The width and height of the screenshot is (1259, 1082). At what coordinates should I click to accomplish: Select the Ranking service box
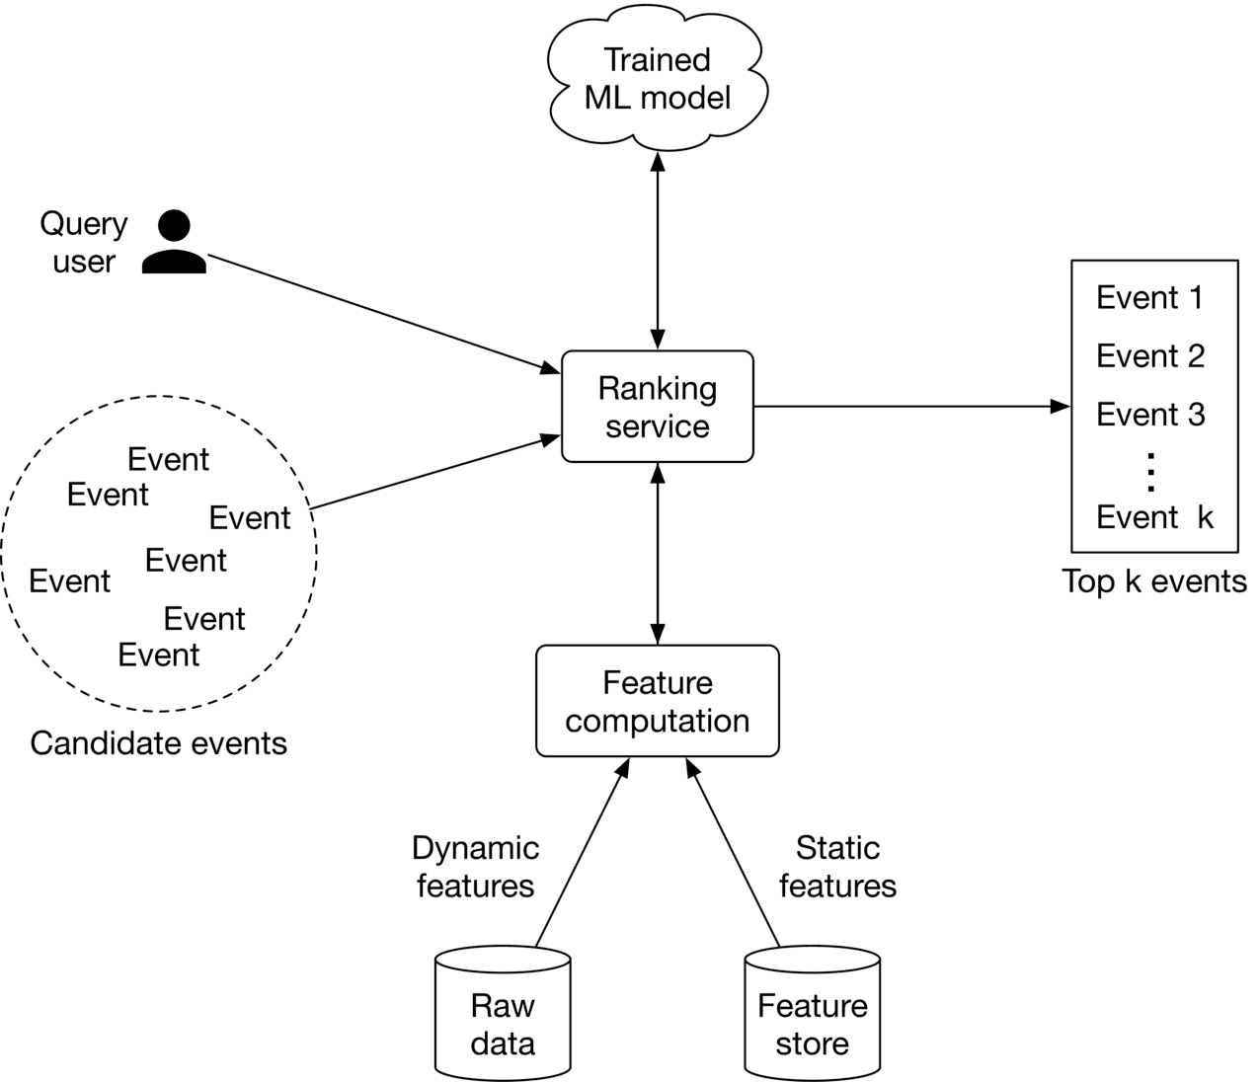658,407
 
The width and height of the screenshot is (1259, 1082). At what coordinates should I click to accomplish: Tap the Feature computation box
658,702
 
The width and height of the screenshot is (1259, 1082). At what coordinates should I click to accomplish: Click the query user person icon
175,242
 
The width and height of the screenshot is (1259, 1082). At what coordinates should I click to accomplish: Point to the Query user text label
84,243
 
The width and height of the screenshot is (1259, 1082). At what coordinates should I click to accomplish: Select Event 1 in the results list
1150,297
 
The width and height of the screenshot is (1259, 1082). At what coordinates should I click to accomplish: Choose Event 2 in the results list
1150,355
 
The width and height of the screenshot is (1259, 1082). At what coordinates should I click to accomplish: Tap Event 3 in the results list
1150,414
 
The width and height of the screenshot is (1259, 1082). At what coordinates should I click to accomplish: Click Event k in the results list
1154,516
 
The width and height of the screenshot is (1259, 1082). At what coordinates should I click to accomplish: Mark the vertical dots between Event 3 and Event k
1149,471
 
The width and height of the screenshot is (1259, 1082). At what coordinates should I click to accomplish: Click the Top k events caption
1154,580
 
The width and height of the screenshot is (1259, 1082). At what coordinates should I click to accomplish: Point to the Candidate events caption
159,742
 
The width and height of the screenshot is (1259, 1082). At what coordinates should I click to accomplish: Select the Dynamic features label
475,866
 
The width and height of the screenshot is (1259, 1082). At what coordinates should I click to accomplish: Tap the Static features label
837,866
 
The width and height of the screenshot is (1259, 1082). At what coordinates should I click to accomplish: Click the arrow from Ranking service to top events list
908,406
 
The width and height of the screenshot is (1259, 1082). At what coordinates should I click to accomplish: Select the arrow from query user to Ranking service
380,312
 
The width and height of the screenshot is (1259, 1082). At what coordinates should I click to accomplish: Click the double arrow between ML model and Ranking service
658,247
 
